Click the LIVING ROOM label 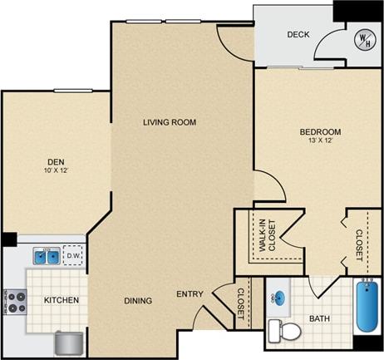[169, 122]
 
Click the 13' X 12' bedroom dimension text [320, 141]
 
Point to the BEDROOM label [320, 132]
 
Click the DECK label [298, 35]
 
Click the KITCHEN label [62, 299]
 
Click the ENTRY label [190, 293]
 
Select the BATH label [320, 318]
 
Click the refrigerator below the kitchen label [68, 343]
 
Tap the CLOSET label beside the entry [241, 304]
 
